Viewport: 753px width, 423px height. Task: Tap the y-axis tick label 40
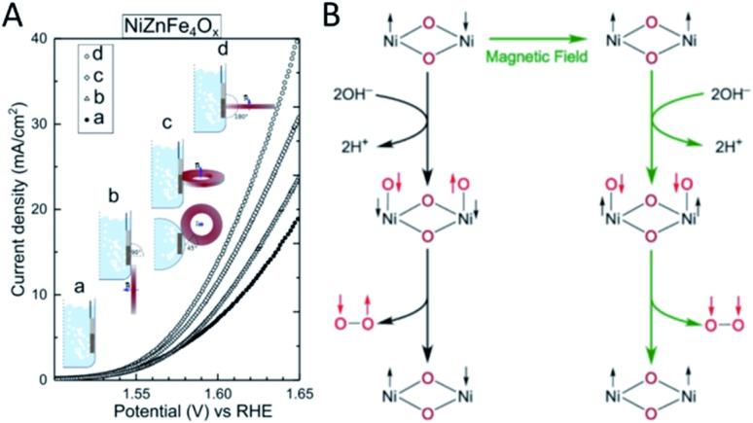[x=39, y=38]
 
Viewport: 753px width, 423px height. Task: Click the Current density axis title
[x=15, y=209]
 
